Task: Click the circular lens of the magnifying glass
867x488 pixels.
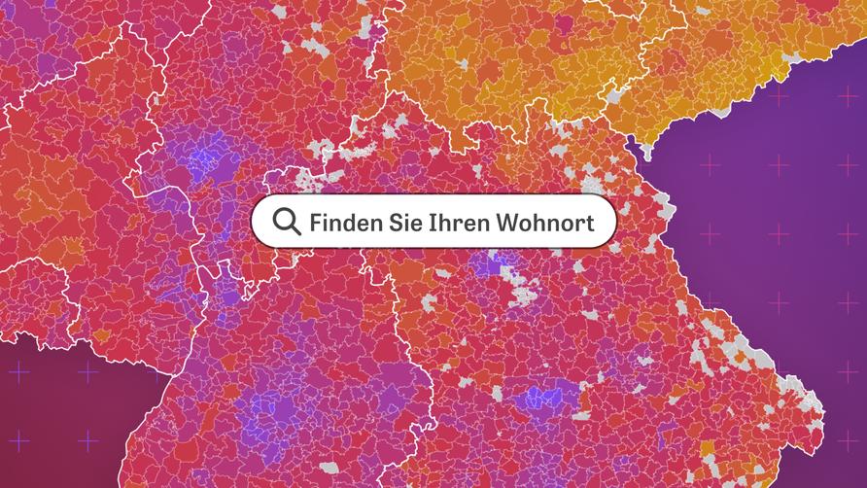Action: click(x=285, y=220)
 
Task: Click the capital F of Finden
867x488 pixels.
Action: click(x=316, y=223)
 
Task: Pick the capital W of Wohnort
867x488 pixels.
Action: click(x=508, y=223)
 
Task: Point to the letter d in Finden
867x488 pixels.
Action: click(x=351, y=223)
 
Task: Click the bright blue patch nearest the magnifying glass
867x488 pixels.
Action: click(x=205, y=161)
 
